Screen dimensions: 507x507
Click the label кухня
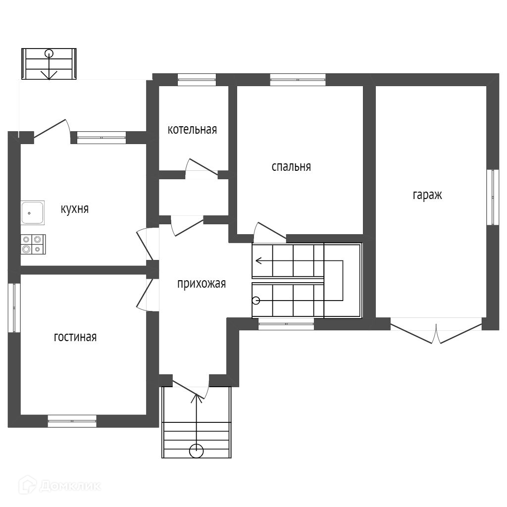(x=74, y=209)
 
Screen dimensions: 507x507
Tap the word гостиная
(x=75, y=337)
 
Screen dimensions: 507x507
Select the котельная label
(x=192, y=130)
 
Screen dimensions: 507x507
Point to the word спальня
(x=291, y=166)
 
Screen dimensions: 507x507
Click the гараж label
(x=427, y=195)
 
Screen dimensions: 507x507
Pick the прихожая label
(x=202, y=284)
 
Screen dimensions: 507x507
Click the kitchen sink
(x=32, y=212)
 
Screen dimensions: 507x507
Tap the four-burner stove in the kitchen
(x=33, y=244)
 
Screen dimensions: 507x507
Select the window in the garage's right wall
(x=492, y=197)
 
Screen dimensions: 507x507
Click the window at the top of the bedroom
(x=298, y=79)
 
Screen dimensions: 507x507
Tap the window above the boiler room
(x=197, y=79)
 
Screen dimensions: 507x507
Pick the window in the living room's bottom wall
(x=72, y=420)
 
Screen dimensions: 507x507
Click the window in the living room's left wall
(x=14, y=307)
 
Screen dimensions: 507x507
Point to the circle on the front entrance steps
(x=197, y=451)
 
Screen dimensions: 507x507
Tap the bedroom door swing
(x=267, y=233)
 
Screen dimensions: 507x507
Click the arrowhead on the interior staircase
(x=258, y=260)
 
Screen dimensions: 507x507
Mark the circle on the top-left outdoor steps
(x=49, y=53)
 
